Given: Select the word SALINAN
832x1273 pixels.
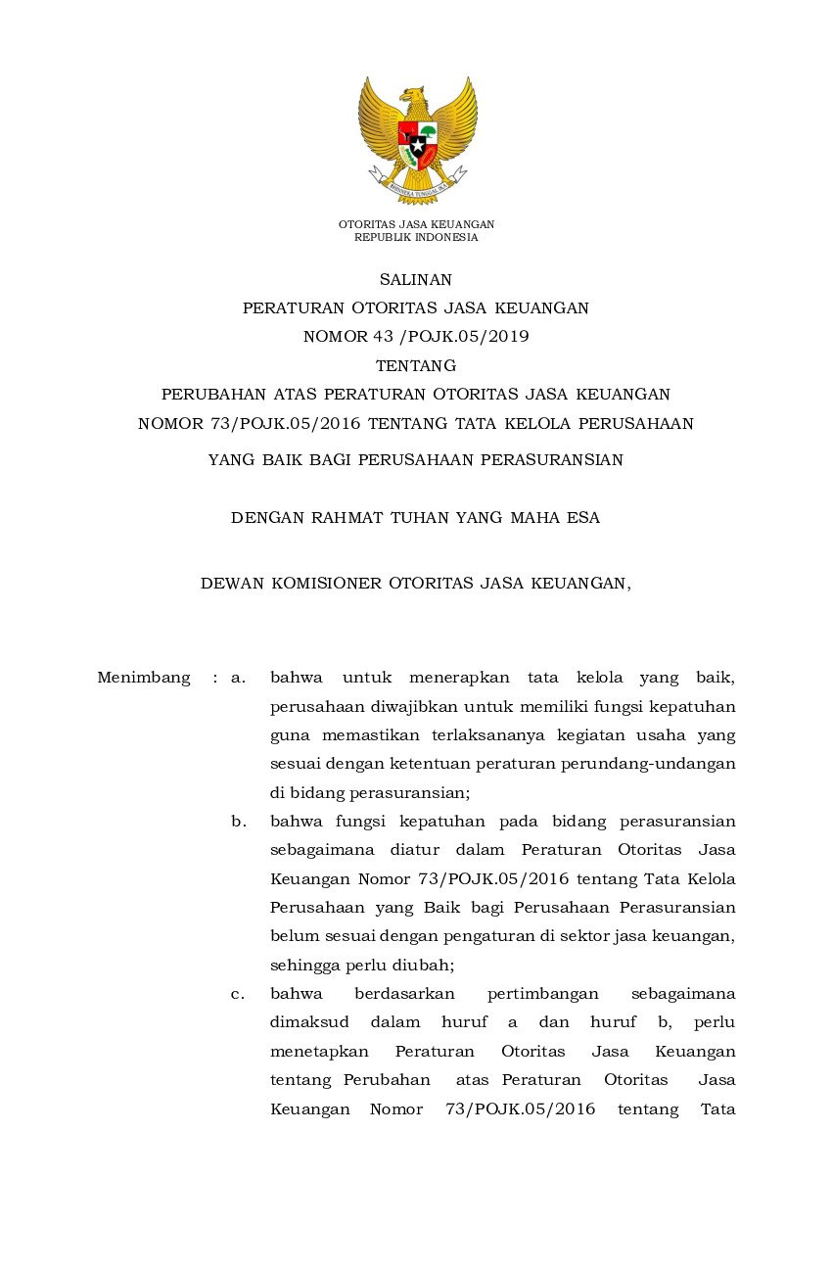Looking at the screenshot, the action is [x=416, y=280].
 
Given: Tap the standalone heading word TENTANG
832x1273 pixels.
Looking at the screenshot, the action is [x=416, y=366].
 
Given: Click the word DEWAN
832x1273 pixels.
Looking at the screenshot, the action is [x=231, y=584].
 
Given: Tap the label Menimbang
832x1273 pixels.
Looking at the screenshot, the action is [x=144, y=678].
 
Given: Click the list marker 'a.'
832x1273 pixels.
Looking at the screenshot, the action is [x=238, y=678].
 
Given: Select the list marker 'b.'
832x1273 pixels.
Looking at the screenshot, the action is [x=238, y=822].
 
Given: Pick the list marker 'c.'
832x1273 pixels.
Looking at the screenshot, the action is [x=238, y=994].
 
